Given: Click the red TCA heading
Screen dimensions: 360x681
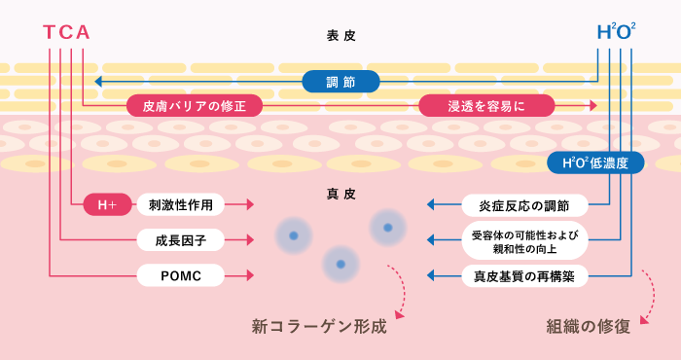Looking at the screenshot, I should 67,33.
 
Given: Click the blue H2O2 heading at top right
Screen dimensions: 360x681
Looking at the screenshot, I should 616,33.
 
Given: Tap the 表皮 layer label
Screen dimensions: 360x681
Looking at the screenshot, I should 340,35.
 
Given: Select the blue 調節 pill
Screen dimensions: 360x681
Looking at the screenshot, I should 340,82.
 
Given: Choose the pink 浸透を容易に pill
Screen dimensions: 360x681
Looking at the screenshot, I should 486,105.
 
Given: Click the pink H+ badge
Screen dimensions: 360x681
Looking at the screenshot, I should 107,204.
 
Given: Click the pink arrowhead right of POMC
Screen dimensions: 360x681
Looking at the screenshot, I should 250,276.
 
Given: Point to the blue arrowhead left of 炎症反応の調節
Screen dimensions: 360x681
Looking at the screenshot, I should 432,204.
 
